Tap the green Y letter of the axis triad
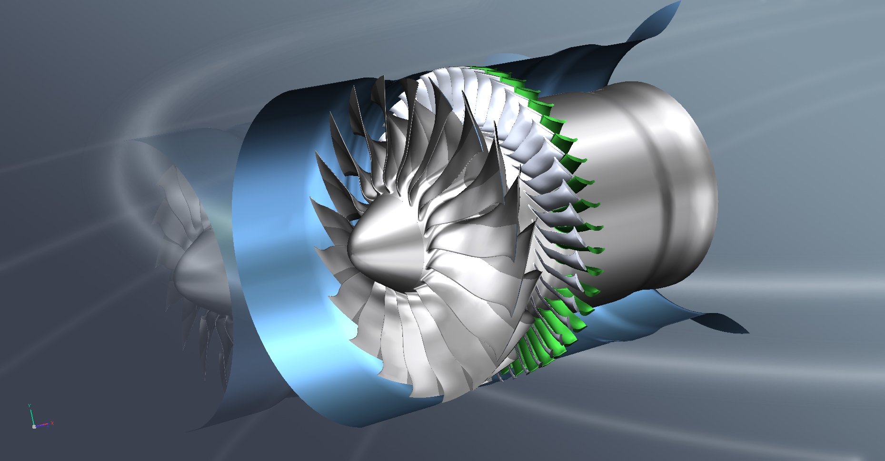pos(29,405)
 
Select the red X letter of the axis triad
pos(52,423)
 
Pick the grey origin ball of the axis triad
pos(34,427)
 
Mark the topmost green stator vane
pos(481,71)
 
